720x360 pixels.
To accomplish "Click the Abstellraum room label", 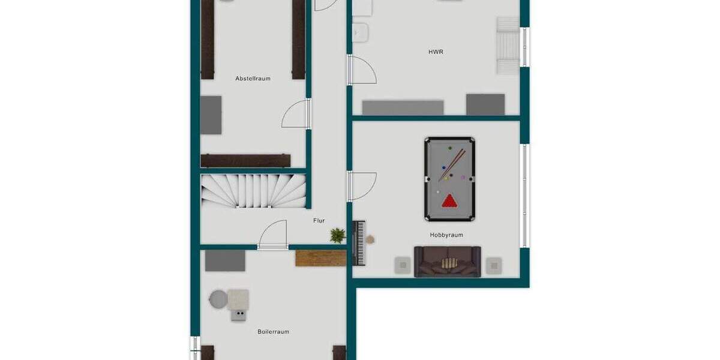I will [x=253, y=79].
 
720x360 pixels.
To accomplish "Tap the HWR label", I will [x=436, y=52].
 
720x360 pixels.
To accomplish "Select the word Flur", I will [x=319, y=221].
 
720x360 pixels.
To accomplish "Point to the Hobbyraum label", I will [x=446, y=235].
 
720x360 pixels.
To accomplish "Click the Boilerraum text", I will [x=273, y=331].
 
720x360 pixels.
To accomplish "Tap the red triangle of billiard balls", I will [x=449, y=202].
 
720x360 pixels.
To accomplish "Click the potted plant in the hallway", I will [x=338, y=235].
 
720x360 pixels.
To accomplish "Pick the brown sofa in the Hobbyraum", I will [x=448, y=262].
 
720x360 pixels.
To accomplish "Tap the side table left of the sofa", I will [x=402, y=265].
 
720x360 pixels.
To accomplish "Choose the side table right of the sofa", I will [x=493, y=265].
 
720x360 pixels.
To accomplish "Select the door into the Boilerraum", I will [x=274, y=235].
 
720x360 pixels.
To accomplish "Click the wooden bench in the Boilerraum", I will [x=320, y=258].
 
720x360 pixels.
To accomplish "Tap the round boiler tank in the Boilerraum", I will [x=218, y=299].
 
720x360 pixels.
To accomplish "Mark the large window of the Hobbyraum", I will [x=524, y=195].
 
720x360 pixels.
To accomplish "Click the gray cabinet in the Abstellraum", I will [x=211, y=115].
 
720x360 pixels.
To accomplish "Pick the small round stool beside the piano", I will [x=370, y=239].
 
